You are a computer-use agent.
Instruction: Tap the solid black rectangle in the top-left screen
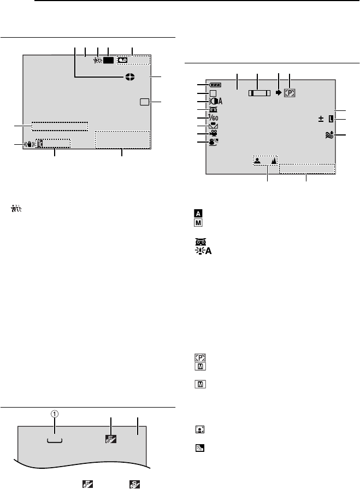click(x=110, y=63)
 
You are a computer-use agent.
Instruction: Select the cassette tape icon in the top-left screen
click(x=123, y=63)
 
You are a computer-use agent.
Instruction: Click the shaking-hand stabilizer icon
click(x=26, y=144)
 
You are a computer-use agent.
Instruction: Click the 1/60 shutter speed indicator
click(x=214, y=117)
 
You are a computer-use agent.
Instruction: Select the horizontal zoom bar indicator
click(x=259, y=93)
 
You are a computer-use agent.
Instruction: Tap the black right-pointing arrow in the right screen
click(x=278, y=93)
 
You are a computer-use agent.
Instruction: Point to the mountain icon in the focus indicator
click(x=274, y=160)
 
